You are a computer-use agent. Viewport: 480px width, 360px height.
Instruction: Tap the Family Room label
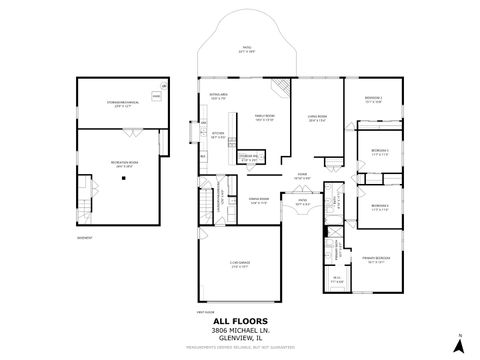tap(265, 117)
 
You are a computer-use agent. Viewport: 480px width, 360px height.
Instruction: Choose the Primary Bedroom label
tap(376, 257)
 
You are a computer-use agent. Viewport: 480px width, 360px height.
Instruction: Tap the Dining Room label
tap(259, 200)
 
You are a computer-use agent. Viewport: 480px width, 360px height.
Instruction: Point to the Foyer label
tap(300, 177)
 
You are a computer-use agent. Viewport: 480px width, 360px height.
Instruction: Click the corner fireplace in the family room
tap(284, 88)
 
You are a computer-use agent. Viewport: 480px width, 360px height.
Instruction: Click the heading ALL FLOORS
tap(240, 320)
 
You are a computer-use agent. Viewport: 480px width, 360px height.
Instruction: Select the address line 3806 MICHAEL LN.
tap(240, 329)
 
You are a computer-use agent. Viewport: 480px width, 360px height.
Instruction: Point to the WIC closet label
tap(338, 281)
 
